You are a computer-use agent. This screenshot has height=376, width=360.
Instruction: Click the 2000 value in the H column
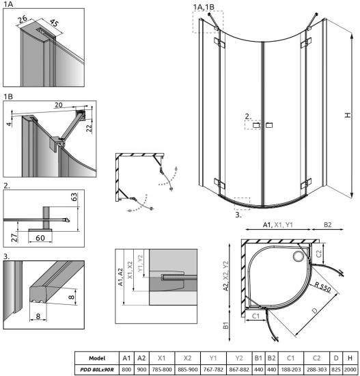(350, 370)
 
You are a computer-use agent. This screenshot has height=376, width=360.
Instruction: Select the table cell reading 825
(336, 370)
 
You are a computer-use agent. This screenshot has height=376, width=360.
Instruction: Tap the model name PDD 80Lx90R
(97, 370)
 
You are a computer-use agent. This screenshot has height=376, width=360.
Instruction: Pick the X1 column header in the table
(162, 358)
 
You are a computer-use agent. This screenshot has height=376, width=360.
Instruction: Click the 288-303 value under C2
(316, 370)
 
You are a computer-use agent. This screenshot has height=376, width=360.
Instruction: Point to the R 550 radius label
(322, 286)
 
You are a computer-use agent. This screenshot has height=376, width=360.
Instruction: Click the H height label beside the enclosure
(348, 115)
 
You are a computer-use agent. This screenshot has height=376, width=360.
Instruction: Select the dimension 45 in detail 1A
(54, 23)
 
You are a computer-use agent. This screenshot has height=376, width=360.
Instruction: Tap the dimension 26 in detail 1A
(23, 19)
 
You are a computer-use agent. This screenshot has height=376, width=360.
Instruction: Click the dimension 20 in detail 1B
(59, 105)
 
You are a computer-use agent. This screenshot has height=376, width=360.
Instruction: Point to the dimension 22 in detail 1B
(89, 128)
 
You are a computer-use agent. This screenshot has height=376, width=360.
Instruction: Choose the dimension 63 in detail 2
(74, 197)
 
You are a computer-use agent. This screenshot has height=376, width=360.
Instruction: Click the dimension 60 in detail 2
(40, 238)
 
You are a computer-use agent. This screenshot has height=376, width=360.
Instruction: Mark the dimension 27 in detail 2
(14, 237)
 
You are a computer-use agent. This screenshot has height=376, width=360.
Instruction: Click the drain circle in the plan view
(299, 256)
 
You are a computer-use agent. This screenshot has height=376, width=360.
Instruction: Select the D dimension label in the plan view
(314, 311)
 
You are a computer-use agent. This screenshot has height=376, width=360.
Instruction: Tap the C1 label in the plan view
(255, 316)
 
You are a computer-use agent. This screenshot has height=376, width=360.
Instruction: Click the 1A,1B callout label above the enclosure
(204, 8)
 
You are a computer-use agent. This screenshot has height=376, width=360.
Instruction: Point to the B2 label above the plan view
(328, 225)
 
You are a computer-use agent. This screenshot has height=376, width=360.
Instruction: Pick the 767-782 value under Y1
(213, 370)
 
